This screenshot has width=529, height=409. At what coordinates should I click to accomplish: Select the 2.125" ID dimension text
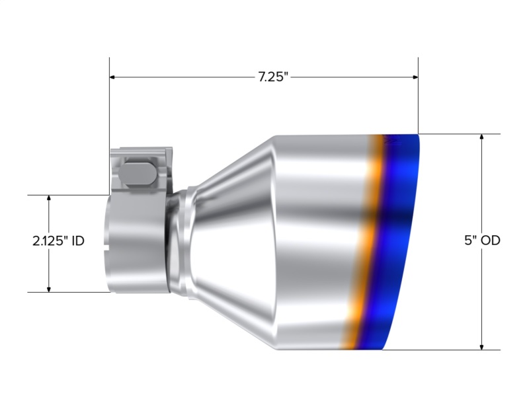(x=58, y=241)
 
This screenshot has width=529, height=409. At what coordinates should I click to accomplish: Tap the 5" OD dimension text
(x=482, y=241)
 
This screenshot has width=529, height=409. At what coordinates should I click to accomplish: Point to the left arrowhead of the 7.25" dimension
(x=113, y=77)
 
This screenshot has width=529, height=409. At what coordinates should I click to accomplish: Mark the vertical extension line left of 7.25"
(x=109, y=106)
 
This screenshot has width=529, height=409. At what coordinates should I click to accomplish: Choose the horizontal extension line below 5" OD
(x=450, y=350)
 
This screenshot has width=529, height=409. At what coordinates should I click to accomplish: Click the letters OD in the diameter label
(x=490, y=241)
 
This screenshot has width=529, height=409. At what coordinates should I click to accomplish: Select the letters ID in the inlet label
(x=77, y=241)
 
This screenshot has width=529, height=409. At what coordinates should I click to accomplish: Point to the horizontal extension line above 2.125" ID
(x=66, y=195)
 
